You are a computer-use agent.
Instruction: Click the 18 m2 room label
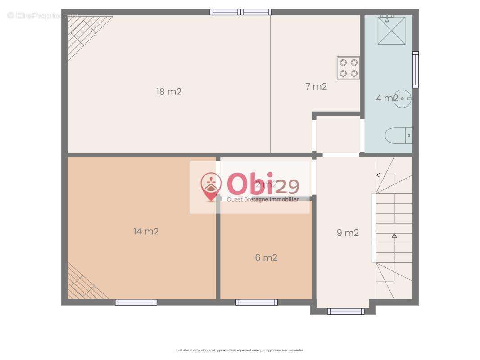click(x=169, y=92)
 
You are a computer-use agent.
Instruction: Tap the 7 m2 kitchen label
click(x=316, y=87)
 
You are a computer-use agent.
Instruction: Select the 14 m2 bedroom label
click(x=146, y=232)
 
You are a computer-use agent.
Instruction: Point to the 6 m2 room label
click(x=266, y=258)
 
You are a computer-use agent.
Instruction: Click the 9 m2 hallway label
click(x=348, y=233)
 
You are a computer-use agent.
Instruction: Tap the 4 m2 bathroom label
click(x=387, y=98)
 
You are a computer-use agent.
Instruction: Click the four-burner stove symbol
click(x=349, y=68)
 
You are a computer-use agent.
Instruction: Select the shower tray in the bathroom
click(x=391, y=31)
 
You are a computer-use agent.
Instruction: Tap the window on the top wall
click(x=240, y=12)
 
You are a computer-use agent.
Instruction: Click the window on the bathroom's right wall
click(x=416, y=70)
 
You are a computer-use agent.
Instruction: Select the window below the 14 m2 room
click(x=136, y=302)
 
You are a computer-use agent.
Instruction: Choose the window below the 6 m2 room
click(x=257, y=302)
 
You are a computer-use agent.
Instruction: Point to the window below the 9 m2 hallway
click(x=346, y=311)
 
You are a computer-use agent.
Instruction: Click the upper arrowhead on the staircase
click(x=378, y=175)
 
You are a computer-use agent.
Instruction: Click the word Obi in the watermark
click(x=250, y=184)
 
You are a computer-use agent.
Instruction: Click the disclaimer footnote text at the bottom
click(x=240, y=350)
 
